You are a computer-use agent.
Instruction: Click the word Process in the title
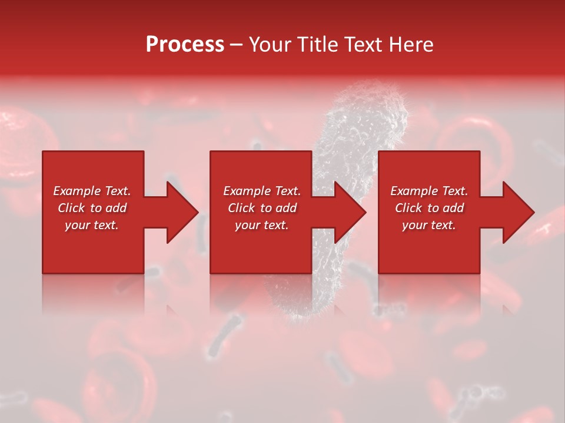point(185,45)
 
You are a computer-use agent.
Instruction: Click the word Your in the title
point(271,45)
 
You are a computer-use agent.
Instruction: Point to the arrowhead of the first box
point(182,212)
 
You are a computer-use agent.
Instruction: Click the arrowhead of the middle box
point(350,212)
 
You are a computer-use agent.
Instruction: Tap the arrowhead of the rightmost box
point(518,212)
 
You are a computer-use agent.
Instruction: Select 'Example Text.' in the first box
point(92,191)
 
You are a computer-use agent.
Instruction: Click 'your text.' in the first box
point(92,225)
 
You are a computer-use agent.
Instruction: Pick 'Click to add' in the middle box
point(262,208)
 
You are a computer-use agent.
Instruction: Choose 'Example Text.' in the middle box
point(262,191)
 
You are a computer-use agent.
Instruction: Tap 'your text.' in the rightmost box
point(429,225)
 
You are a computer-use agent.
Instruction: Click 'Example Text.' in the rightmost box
point(429,191)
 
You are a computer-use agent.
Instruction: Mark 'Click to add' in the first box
point(92,208)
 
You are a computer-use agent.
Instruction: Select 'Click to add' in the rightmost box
point(429,208)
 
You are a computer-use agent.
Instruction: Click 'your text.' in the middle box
point(262,225)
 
